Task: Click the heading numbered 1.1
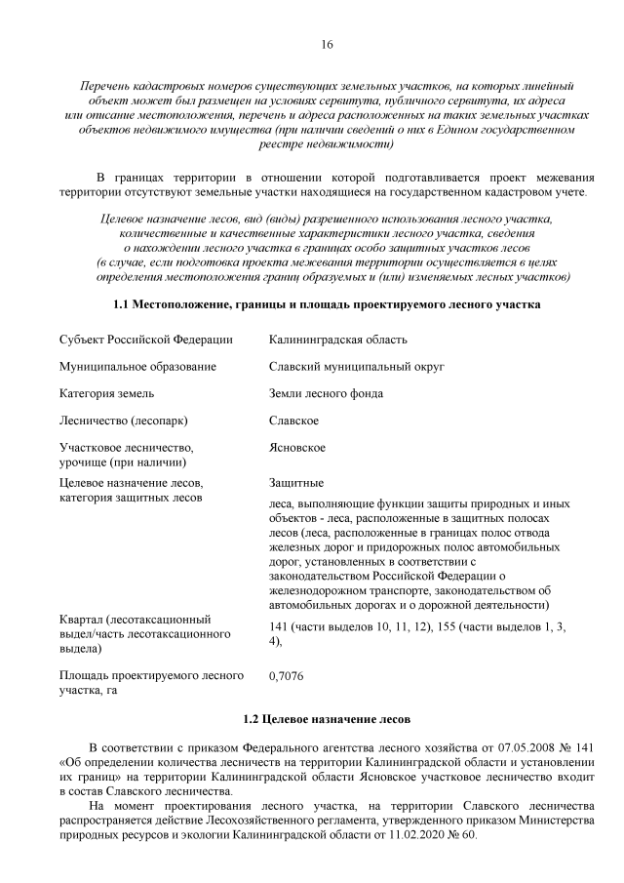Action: [327, 304]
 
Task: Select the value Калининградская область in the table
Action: [337, 339]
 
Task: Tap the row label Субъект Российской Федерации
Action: [145, 339]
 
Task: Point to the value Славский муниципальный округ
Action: [356, 366]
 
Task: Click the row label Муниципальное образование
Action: [137, 366]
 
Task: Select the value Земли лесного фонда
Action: [326, 393]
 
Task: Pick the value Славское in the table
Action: [293, 421]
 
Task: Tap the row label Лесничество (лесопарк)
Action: [123, 421]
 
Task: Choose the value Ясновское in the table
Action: [297, 448]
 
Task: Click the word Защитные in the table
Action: [296, 482]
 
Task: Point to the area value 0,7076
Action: [289, 674]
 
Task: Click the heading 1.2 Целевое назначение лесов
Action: [327, 718]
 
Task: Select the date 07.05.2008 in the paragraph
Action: [535, 745]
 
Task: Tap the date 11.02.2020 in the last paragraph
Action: [424, 837]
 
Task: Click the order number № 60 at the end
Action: [466, 837]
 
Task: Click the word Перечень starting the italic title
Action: [106, 86]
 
